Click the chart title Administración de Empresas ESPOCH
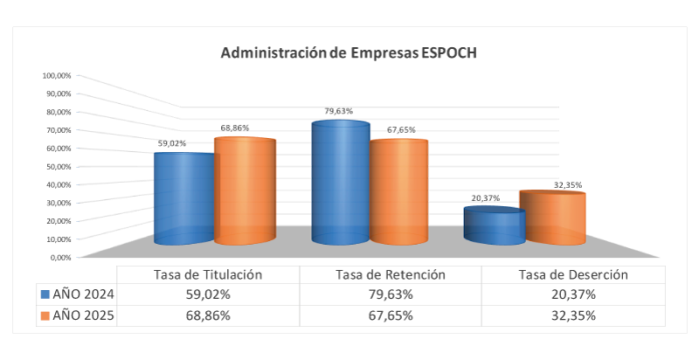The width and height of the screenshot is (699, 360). [349, 52]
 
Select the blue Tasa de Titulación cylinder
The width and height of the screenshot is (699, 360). [183, 199]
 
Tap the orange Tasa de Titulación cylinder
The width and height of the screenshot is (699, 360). [246, 191]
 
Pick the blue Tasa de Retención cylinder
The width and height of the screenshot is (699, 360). [341, 183]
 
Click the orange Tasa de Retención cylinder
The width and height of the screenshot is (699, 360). [398, 192]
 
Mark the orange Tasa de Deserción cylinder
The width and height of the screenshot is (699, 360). [552, 218]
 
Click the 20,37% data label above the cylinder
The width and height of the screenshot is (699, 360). [486, 198]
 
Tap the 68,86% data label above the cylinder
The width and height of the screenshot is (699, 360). [234, 128]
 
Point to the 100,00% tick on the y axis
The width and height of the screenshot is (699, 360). [56, 75]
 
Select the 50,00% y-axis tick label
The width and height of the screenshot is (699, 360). [58, 166]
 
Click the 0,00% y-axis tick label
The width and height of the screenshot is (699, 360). [59, 257]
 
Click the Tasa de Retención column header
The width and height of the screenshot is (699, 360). [391, 274]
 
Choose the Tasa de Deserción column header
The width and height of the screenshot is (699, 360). [574, 274]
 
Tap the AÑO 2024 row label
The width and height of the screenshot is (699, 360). [84, 294]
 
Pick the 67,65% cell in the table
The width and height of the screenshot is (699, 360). [391, 315]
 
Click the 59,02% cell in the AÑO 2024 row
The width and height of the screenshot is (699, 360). [208, 294]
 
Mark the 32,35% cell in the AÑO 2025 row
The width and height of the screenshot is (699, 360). [574, 315]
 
